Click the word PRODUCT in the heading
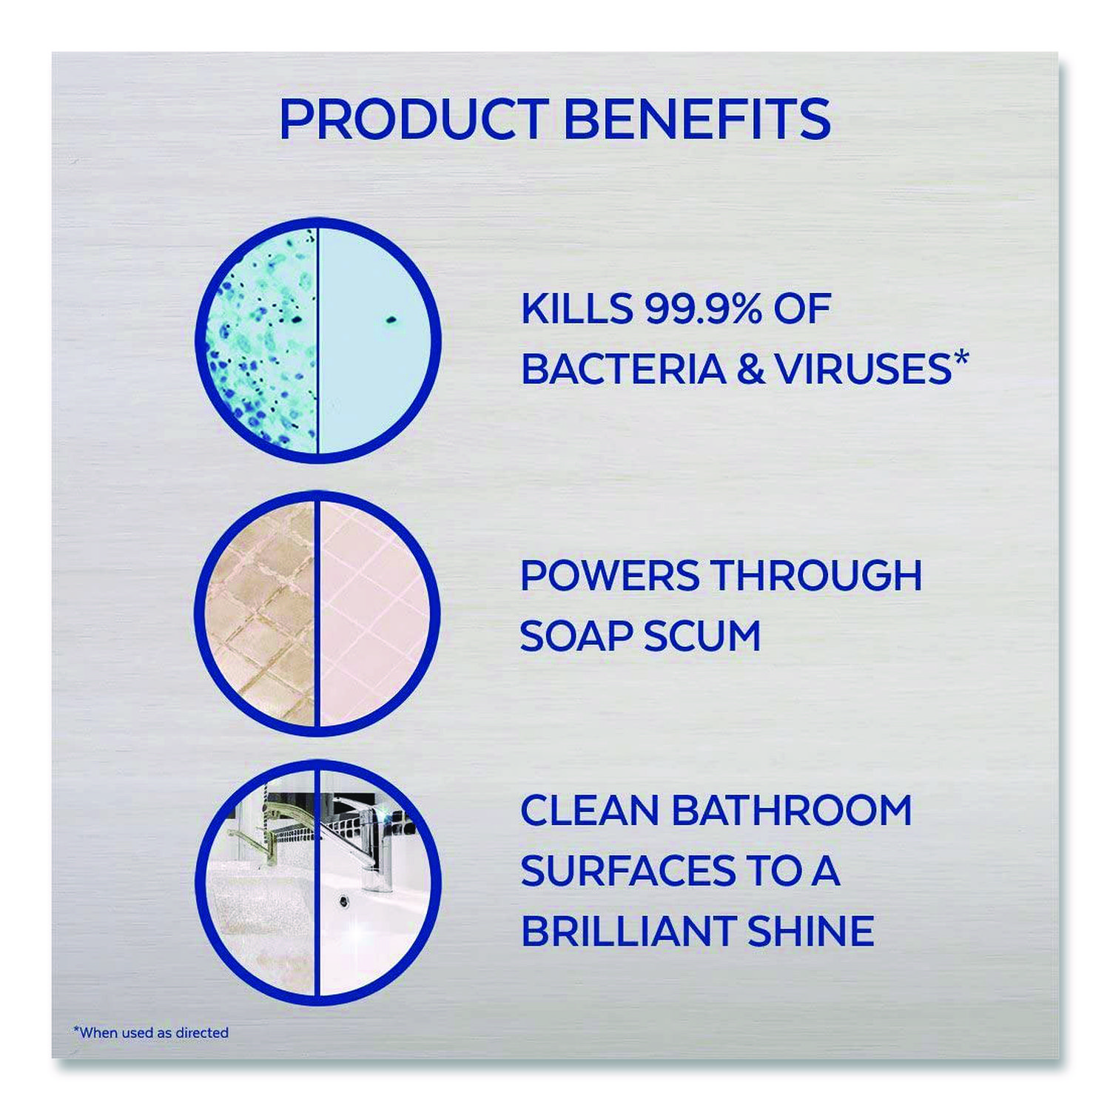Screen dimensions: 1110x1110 tap(413, 119)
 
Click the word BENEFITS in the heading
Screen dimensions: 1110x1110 tap(697, 119)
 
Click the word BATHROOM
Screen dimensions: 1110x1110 tap(792, 810)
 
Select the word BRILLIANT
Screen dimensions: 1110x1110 tap(628, 930)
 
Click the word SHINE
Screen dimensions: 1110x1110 tap(811, 930)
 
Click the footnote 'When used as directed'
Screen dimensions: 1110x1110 tap(151, 1032)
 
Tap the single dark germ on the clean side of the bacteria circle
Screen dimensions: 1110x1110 tap(391, 320)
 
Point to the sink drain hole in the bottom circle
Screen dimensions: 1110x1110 tap(344, 901)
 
